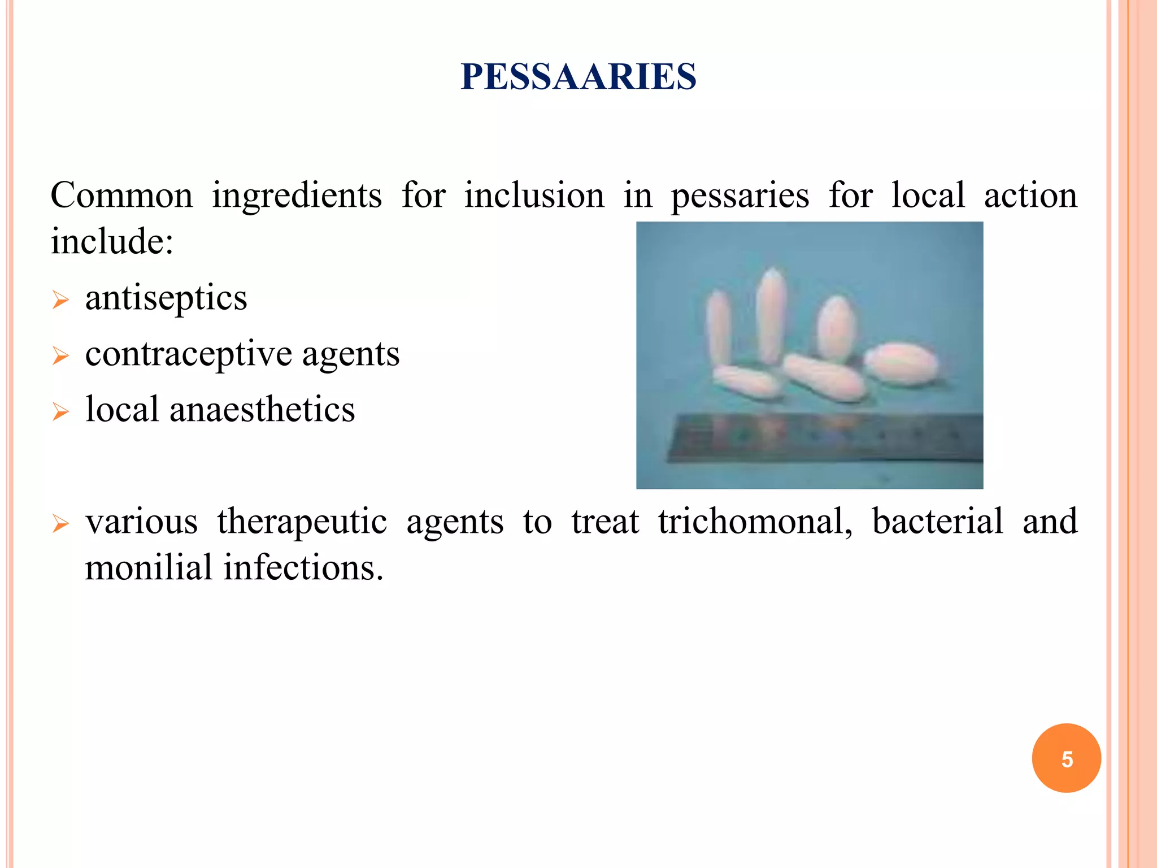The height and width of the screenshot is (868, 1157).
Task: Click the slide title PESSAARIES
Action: (x=578, y=77)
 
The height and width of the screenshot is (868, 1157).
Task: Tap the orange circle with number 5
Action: (x=1066, y=758)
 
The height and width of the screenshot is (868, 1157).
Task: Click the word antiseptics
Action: (x=166, y=298)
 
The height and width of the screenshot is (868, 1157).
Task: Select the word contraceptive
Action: (x=189, y=354)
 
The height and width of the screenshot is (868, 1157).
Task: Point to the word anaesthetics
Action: (x=262, y=410)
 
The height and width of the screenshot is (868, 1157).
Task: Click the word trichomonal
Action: (x=755, y=521)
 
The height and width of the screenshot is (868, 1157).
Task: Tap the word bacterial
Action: (x=937, y=521)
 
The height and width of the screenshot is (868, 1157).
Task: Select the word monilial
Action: (x=149, y=567)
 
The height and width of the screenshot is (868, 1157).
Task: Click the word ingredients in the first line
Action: (x=297, y=196)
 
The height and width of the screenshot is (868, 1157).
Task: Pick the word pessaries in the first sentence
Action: (x=740, y=196)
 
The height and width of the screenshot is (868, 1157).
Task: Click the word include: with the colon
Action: (x=112, y=242)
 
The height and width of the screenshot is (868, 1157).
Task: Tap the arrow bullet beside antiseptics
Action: (x=60, y=300)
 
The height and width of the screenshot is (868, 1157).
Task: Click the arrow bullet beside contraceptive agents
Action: (x=60, y=356)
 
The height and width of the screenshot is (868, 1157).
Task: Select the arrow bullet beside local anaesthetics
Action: (x=60, y=411)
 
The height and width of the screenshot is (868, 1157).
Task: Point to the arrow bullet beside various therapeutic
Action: (x=60, y=523)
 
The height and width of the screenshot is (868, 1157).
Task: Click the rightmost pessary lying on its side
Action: (x=901, y=364)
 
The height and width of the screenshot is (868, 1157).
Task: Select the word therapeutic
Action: (x=302, y=521)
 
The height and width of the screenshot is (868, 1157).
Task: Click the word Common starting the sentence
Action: (x=121, y=196)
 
